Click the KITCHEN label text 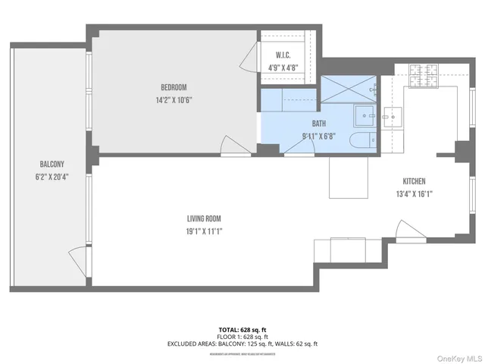coord(414,181)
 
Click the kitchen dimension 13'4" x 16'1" coord(414,193)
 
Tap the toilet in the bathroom coord(361,140)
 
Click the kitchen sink coord(393,118)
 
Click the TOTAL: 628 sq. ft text coord(242,330)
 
